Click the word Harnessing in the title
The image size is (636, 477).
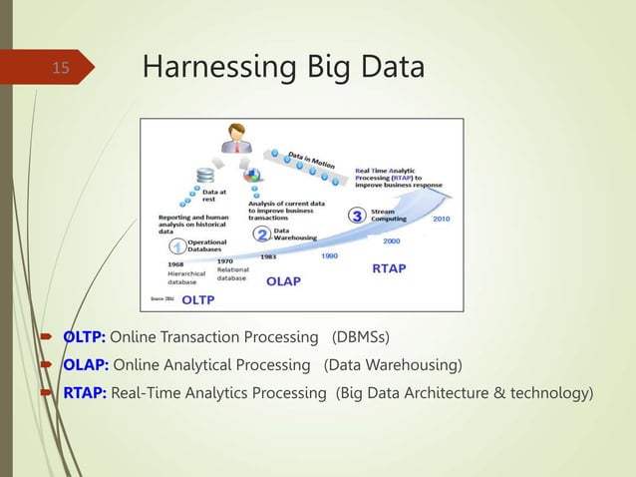pos(204,68)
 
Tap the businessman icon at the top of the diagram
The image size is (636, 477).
pos(238,139)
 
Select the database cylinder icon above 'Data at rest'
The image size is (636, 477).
pos(205,177)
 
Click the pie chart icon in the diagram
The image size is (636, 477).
pos(253,176)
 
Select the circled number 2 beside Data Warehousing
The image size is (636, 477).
pos(262,236)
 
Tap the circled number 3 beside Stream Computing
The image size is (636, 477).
pos(356,216)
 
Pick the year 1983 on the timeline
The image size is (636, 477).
pos(268,255)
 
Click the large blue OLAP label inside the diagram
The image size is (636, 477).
pos(282,281)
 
